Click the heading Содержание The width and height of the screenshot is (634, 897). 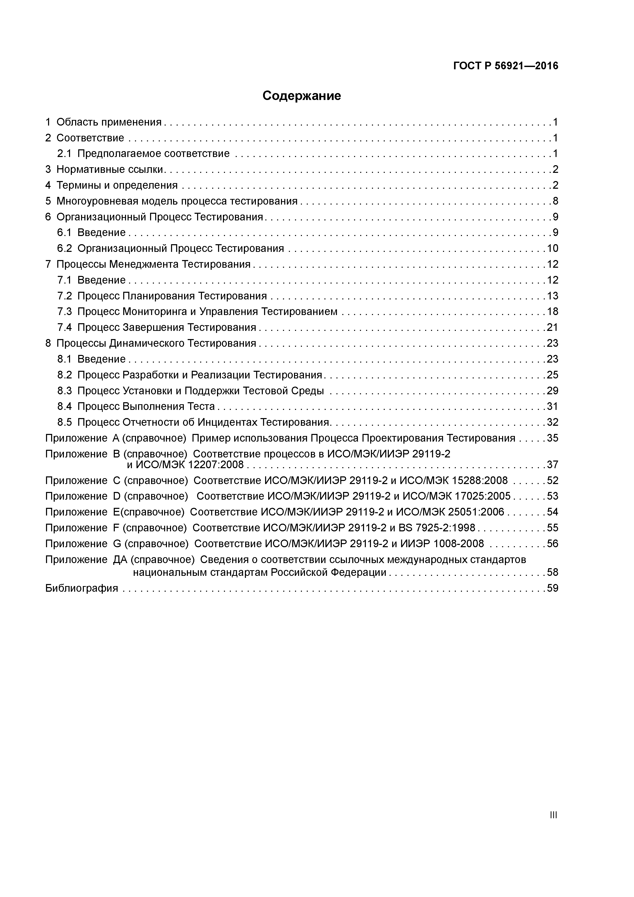(302, 96)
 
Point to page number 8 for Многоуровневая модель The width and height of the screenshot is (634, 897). (555, 201)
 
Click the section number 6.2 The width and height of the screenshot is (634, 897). (64, 249)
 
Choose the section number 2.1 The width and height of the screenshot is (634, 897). (64, 153)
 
